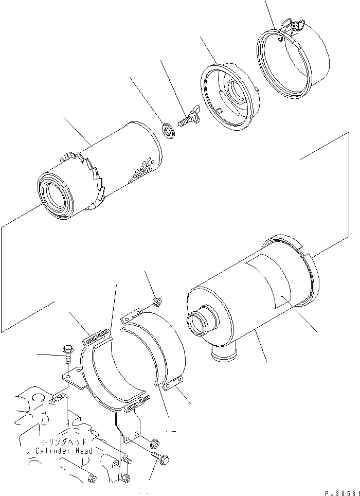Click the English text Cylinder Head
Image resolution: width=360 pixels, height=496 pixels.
[x=64, y=451]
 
